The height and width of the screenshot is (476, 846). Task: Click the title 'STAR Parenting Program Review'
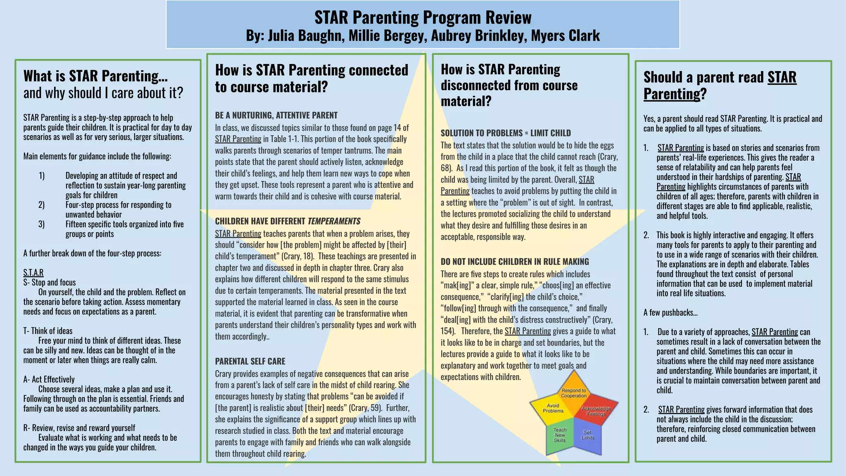423,17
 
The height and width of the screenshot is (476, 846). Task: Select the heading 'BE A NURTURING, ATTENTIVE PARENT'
276,115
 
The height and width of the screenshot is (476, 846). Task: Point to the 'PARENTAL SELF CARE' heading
250,361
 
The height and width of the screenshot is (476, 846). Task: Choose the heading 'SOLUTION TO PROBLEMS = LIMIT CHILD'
506,133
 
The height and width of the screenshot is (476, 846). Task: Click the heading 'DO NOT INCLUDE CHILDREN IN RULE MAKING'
515,262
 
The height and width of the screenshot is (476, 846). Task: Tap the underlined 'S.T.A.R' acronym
33,273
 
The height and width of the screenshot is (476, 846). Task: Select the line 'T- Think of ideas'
48,331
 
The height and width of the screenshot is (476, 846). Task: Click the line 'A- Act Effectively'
49,379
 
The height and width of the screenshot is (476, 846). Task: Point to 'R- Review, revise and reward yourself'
79,428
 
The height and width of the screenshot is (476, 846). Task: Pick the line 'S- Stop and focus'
50,283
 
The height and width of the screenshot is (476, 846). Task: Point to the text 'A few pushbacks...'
670,312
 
